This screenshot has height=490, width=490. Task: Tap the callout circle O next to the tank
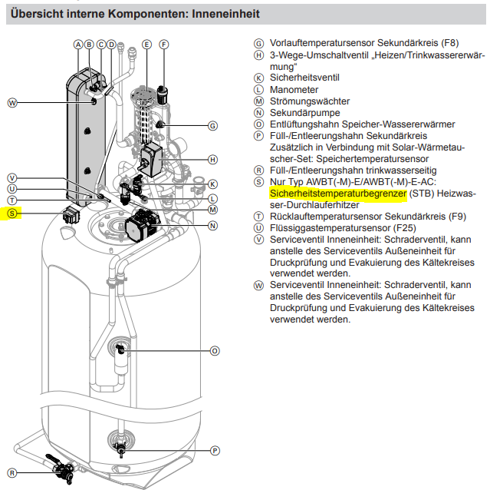coord(215,350)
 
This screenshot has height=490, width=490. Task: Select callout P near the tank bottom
coord(215,450)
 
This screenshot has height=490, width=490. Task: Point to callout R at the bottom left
coord(12,472)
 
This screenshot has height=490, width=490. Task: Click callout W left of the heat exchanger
coord(12,102)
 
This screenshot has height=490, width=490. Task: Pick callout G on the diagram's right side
coord(212,125)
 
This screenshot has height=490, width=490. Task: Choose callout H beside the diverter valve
coord(212,159)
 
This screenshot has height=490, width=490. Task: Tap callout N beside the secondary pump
coord(212,225)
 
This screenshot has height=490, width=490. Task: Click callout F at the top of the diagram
coord(163,45)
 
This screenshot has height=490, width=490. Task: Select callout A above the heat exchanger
coord(78,45)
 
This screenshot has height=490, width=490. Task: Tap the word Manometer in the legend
coord(294,89)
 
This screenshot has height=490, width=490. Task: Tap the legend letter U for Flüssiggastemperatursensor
coord(259,228)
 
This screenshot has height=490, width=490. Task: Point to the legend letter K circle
coord(259,78)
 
